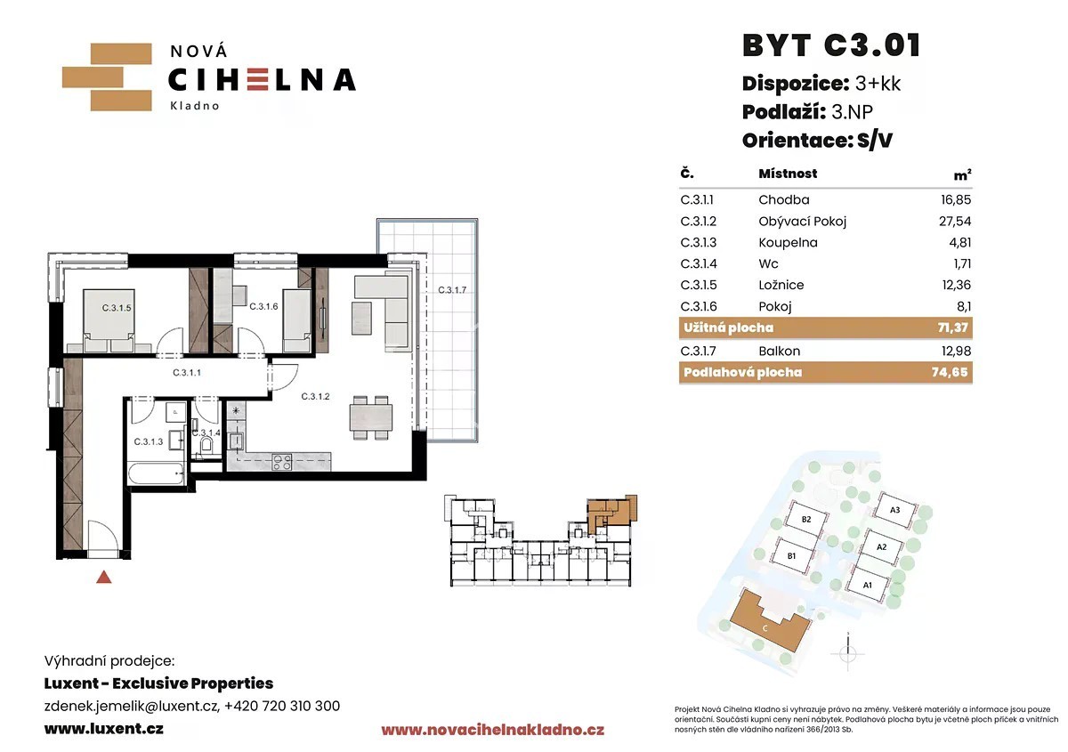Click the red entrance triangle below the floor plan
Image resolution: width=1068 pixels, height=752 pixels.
104,578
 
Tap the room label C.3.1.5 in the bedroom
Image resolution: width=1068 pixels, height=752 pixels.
117,308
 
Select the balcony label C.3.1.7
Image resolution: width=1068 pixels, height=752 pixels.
452,290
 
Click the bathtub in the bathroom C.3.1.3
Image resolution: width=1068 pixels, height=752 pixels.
156,473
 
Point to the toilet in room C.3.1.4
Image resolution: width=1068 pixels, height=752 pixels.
206,445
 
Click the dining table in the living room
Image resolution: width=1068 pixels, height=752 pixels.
371,417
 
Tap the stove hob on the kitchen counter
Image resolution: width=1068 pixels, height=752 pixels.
282,462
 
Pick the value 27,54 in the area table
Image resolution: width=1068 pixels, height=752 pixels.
955,222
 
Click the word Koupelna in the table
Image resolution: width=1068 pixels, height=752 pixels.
788,243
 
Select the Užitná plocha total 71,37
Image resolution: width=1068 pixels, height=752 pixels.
952,327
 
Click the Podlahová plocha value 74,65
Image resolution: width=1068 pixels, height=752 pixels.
950,372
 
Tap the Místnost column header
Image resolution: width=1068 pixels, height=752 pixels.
788,174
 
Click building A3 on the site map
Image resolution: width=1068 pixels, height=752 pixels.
895,510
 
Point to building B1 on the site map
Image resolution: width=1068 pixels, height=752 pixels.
791,555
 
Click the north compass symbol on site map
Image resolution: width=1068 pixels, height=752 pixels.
847,653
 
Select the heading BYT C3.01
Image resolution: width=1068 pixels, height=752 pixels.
831,45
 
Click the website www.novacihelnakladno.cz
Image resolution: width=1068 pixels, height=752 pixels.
492,730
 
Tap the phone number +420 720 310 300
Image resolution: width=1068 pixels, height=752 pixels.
282,706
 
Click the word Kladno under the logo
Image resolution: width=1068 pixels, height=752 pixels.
195,106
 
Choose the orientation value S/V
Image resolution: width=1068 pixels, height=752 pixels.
874,141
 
